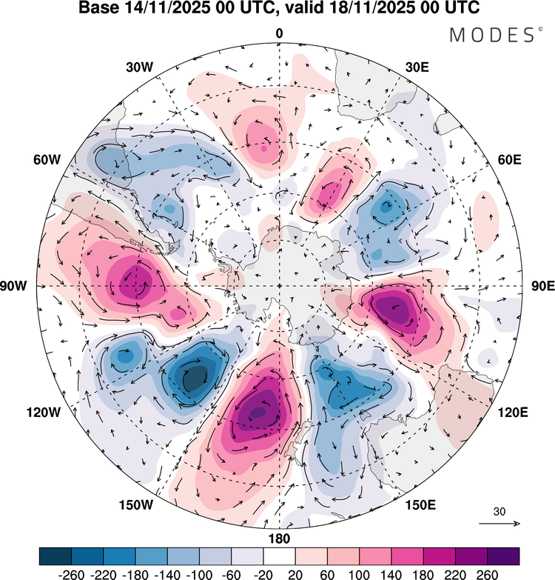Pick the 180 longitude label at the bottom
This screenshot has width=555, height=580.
[x=280, y=538]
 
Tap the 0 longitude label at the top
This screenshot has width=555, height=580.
[x=280, y=33]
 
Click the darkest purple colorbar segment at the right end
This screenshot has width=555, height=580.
[x=502, y=556]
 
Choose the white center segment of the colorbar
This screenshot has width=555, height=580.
[x=279, y=556]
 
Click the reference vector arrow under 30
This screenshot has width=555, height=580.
[x=499, y=523]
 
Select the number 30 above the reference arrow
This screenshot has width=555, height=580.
[x=499, y=511]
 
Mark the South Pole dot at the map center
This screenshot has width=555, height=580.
[x=279, y=286]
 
